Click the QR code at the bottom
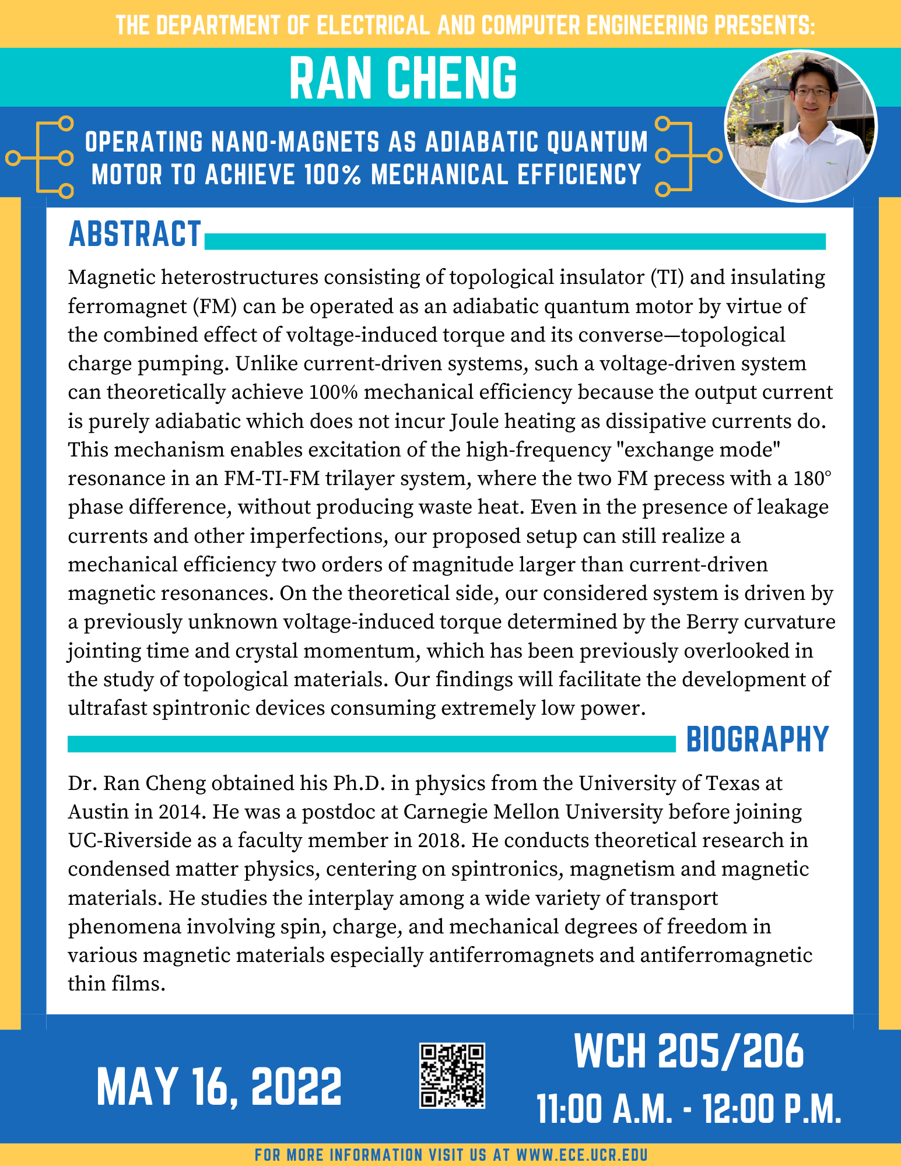pos(452,1076)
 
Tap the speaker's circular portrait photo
pos(801,126)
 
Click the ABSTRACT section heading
pos(135,234)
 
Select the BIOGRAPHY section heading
pos(758,740)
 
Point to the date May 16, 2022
pos(219,1087)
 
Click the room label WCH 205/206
pos(689,1053)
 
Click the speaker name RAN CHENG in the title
pos(403,78)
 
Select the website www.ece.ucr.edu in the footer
pos(582,1155)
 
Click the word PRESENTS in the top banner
pos(764,26)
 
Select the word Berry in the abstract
pos(708,622)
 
